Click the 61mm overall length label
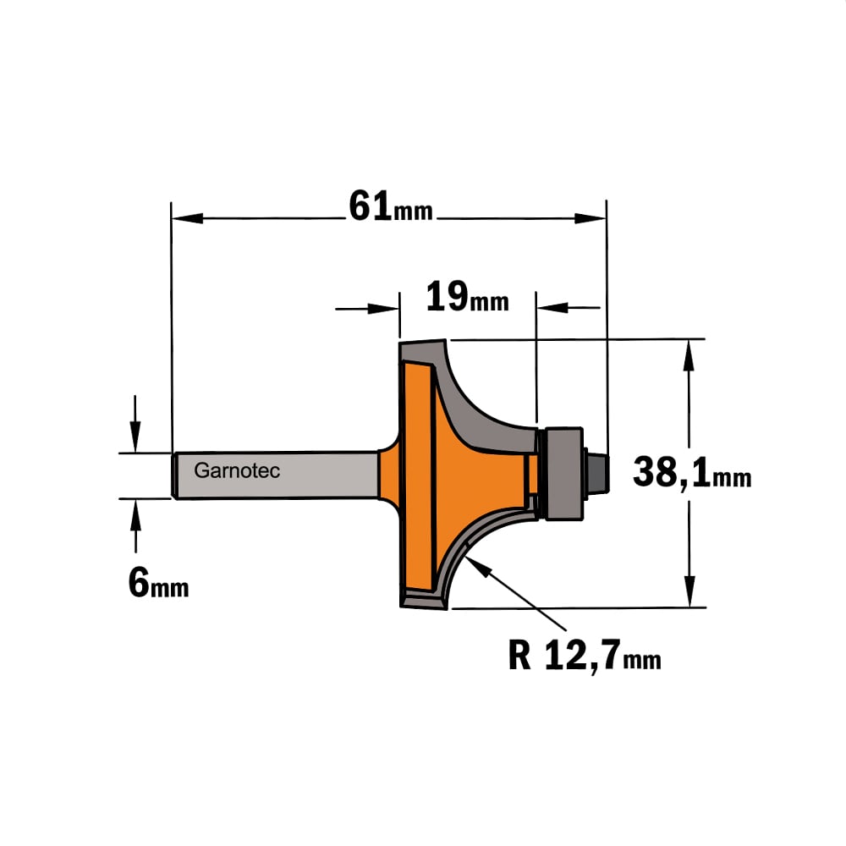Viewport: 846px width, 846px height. coord(391,206)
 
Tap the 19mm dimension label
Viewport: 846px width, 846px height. coord(467,297)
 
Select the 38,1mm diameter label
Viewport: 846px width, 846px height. coord(692,473)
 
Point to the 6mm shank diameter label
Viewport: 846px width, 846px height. coord(159,583)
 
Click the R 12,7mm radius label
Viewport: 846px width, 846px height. coord(585,655)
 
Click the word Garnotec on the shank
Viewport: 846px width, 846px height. coord(237,470)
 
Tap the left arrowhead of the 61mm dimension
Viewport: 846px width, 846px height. coord(187,218)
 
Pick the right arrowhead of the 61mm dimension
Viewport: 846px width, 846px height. coord(591,218)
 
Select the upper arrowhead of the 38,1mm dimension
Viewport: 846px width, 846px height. coord(689,355)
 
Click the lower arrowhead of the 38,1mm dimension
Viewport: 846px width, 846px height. coord(689,591)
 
